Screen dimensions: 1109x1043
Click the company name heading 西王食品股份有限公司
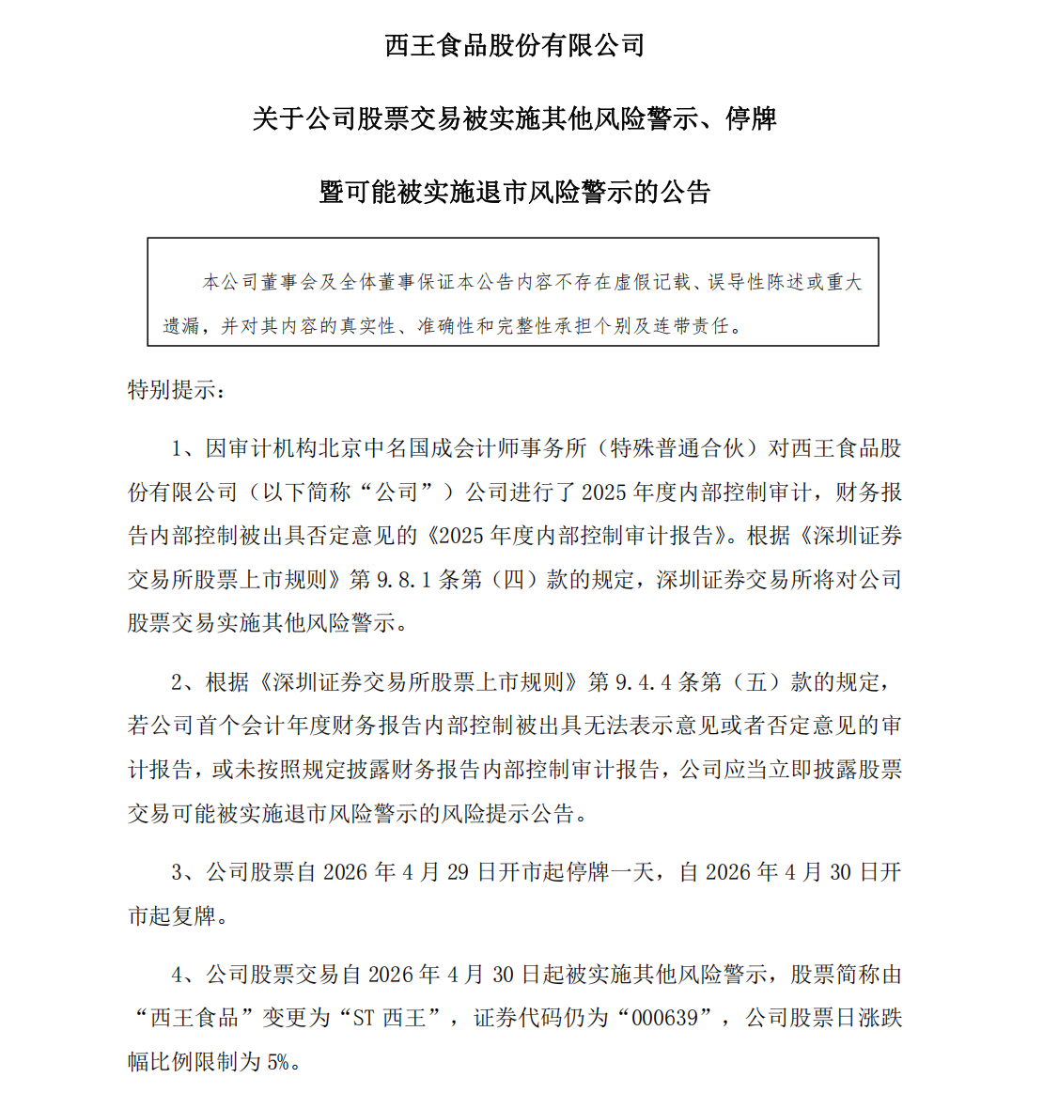(x=515, y=45)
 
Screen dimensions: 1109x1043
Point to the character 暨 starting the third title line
(x=333, y=193)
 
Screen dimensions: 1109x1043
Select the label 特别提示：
(x=177, y=390)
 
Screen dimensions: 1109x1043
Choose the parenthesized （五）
(x=756, y=682)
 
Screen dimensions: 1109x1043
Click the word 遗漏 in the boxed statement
(x=181, y=326)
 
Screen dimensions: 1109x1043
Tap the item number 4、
(x=183, y=975)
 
